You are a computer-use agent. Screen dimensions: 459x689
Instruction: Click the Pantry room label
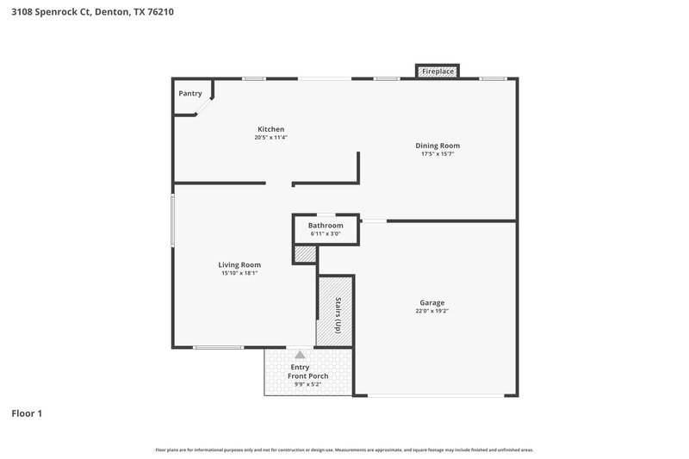tap(189, 93)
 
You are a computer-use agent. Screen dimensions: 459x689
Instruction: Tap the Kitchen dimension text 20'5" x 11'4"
tap(270, 138)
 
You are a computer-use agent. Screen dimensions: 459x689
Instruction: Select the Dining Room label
tap(438, 146)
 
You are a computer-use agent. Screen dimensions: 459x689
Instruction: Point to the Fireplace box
tap(438, 71)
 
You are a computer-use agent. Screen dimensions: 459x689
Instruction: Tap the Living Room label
tap(239, 264)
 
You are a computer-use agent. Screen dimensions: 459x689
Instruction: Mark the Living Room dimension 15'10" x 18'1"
tap(239, 273)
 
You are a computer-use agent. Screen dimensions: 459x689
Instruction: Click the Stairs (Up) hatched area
tap(336, 311)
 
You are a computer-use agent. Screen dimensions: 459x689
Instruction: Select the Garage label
tap(431, 302)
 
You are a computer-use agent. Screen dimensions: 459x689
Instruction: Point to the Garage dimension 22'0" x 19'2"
tap(431, 311)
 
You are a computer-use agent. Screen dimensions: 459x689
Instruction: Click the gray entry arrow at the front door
tap(300, 354)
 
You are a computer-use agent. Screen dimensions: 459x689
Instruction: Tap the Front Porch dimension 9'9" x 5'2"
tap(307, 384)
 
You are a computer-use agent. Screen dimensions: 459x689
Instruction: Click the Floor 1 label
tap(27, 414)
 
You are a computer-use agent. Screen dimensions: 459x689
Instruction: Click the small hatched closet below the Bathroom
tap(305, 254)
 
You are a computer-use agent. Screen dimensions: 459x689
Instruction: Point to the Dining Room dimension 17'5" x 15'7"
tap(438, 154)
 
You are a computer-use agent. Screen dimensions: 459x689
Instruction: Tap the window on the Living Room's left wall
tap(172, 221)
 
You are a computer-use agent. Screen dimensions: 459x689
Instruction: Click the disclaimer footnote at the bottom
tap(344, 450)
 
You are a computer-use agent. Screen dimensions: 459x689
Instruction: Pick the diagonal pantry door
tap(204, 107)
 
